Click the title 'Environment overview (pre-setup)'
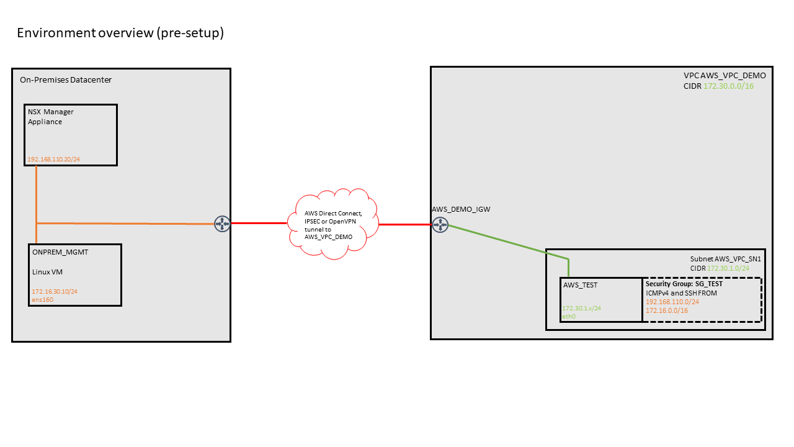pos(120,33)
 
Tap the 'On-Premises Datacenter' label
pos(66,80)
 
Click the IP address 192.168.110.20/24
pos(54,160)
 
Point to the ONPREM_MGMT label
pos(60,252)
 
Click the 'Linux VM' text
pos(47,272)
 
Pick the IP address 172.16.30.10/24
pos(55,291)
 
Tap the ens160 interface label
pos(43,300)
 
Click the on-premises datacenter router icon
pos(222,224)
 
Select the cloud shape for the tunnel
pos(333,224)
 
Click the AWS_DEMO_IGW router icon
pos(440,225)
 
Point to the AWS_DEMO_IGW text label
pos(461,209)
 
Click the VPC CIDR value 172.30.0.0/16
pos(728,86)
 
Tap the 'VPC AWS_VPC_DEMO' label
pos(725,76)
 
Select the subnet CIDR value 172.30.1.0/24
pos(728,269)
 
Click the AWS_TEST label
pos(580,285)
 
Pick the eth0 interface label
pos(569,317)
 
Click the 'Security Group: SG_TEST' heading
pos(684,284)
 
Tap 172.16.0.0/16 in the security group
pos(667,311)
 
